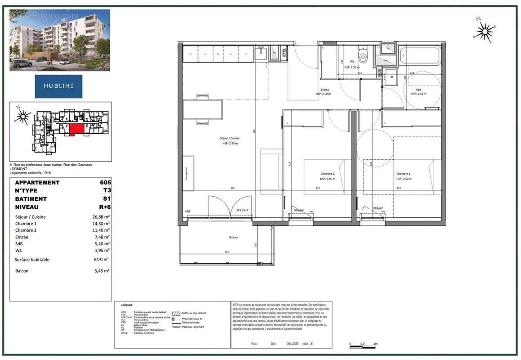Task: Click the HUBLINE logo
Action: point(58,86)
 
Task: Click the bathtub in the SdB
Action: point(421,56)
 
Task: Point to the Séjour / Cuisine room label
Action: point(229,141)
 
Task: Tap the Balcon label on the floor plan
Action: point(233,238)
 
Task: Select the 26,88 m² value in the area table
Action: point(101,217)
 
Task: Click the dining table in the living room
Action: point(203,109)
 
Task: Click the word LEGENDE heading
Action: point(127,306)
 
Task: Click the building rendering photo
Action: point(60,40)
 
